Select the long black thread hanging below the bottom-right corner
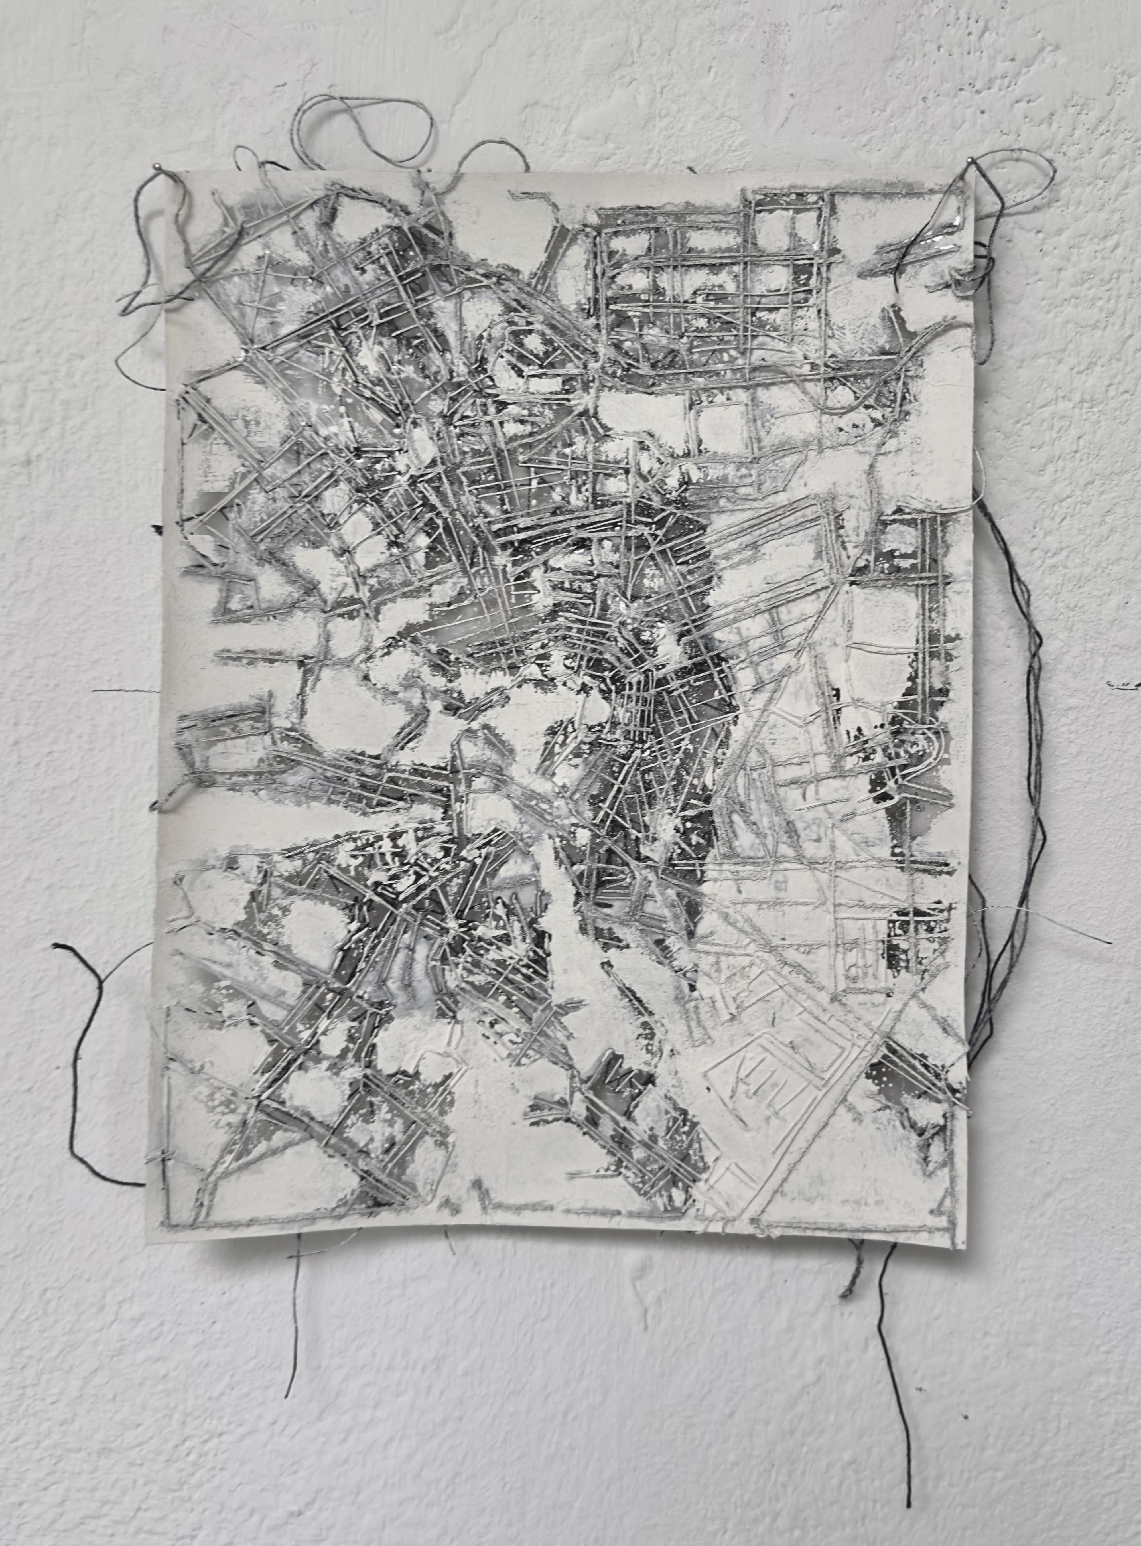coord(898,1354)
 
